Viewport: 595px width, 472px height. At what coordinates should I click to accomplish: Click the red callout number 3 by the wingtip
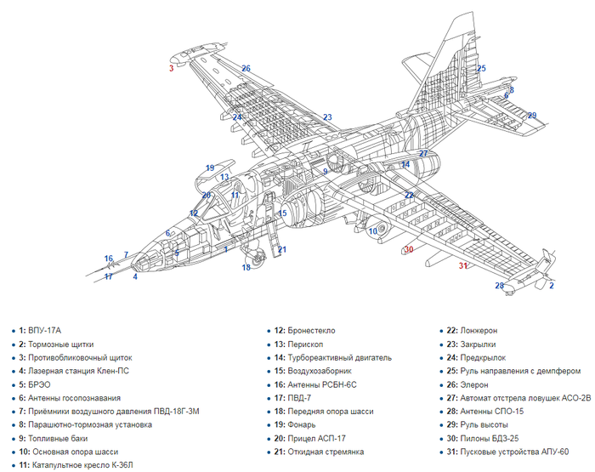(x=171, y=68)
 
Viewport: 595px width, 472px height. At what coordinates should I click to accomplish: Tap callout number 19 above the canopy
(x=210, y=168)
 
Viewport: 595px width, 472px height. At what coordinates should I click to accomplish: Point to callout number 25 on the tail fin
(x=481, y=68)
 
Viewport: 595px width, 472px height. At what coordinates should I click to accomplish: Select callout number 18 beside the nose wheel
(x=246, y=267)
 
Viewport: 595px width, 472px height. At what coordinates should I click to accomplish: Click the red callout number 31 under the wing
(x=463, y=266)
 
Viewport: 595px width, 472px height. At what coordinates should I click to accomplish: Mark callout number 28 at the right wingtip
(x=500, y=286)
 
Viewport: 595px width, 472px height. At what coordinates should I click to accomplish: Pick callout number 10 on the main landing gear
(x=373, y=230)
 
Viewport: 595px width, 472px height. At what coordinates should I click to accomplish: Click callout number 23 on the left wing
(x=327, y=117)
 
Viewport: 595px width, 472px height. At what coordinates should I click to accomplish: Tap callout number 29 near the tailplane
(x=532, y=116)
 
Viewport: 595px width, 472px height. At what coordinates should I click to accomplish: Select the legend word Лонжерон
(x=479, y=331)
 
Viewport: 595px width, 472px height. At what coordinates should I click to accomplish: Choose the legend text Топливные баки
(x=58, y=439)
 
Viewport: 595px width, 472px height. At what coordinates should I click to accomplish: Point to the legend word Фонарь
(x=302, y=425)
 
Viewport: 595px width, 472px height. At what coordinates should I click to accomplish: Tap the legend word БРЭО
(x=39, y=384)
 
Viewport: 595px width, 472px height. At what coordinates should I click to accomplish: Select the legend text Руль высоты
(x=484, y=425)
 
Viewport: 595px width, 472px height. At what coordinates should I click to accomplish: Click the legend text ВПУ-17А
(x=44, y=331)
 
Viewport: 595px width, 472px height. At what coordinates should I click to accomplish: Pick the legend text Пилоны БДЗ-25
(x=489, y=439)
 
